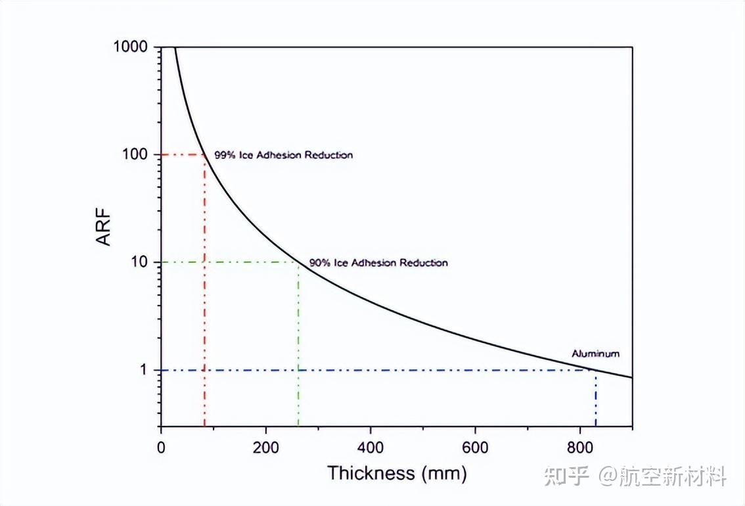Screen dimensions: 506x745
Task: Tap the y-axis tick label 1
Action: [x=146, y=370]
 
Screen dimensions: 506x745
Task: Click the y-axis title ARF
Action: [x=104, y=229]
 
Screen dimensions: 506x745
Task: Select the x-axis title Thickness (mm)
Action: [x=397, y=473]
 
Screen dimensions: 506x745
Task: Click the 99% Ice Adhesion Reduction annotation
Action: [x=283, y=156]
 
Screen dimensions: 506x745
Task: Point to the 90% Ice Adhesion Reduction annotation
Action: [x=378, y=263]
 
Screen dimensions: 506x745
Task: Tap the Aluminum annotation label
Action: [x=595, y=354]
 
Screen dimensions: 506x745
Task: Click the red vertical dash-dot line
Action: [x=204, y=296]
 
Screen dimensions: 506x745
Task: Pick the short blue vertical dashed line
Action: [x=596, y=398]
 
